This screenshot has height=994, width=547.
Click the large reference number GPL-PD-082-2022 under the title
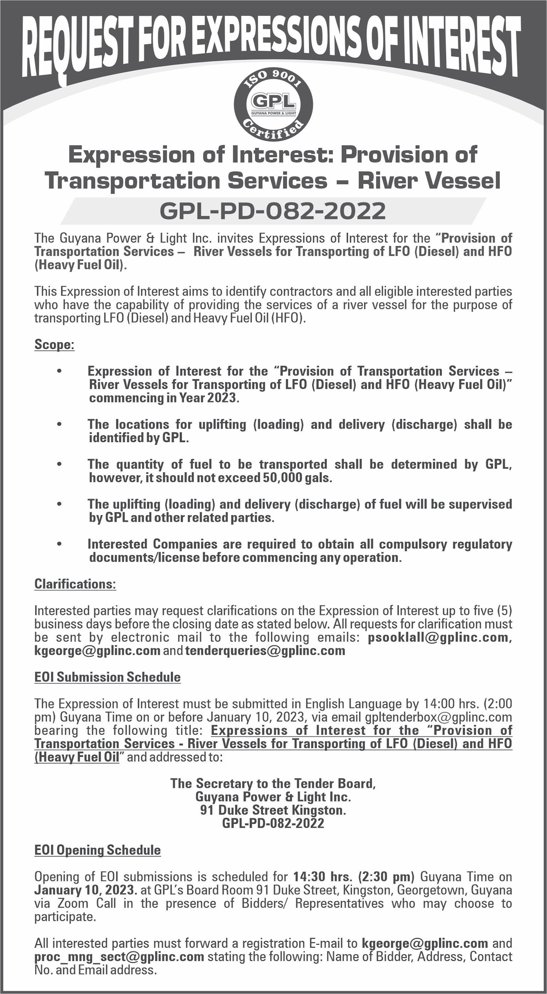pyautogui.click(x=273, y=211)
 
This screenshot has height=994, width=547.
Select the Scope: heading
pyautogui.click(x=54, y=344)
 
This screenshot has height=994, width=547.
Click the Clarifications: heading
pyautogui.click(x=75, y=584)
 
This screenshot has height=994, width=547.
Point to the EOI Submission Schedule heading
pyautogui.click(x=107, y=677)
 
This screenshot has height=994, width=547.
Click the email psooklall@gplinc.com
pyautogui.click(x=438, y=637)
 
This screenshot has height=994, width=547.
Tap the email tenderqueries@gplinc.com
pyautogui.click(x=265, y=651)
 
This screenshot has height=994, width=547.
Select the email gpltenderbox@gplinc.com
pyautogui.click(x=438, y=717)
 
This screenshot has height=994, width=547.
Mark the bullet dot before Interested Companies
pyautogui.click(x=59, y=544)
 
